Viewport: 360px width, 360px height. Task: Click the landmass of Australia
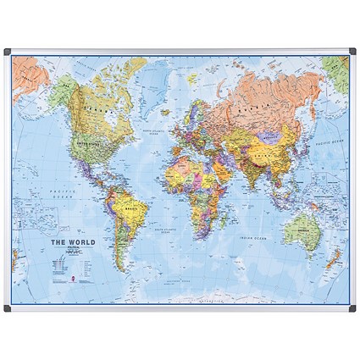point(301,224)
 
